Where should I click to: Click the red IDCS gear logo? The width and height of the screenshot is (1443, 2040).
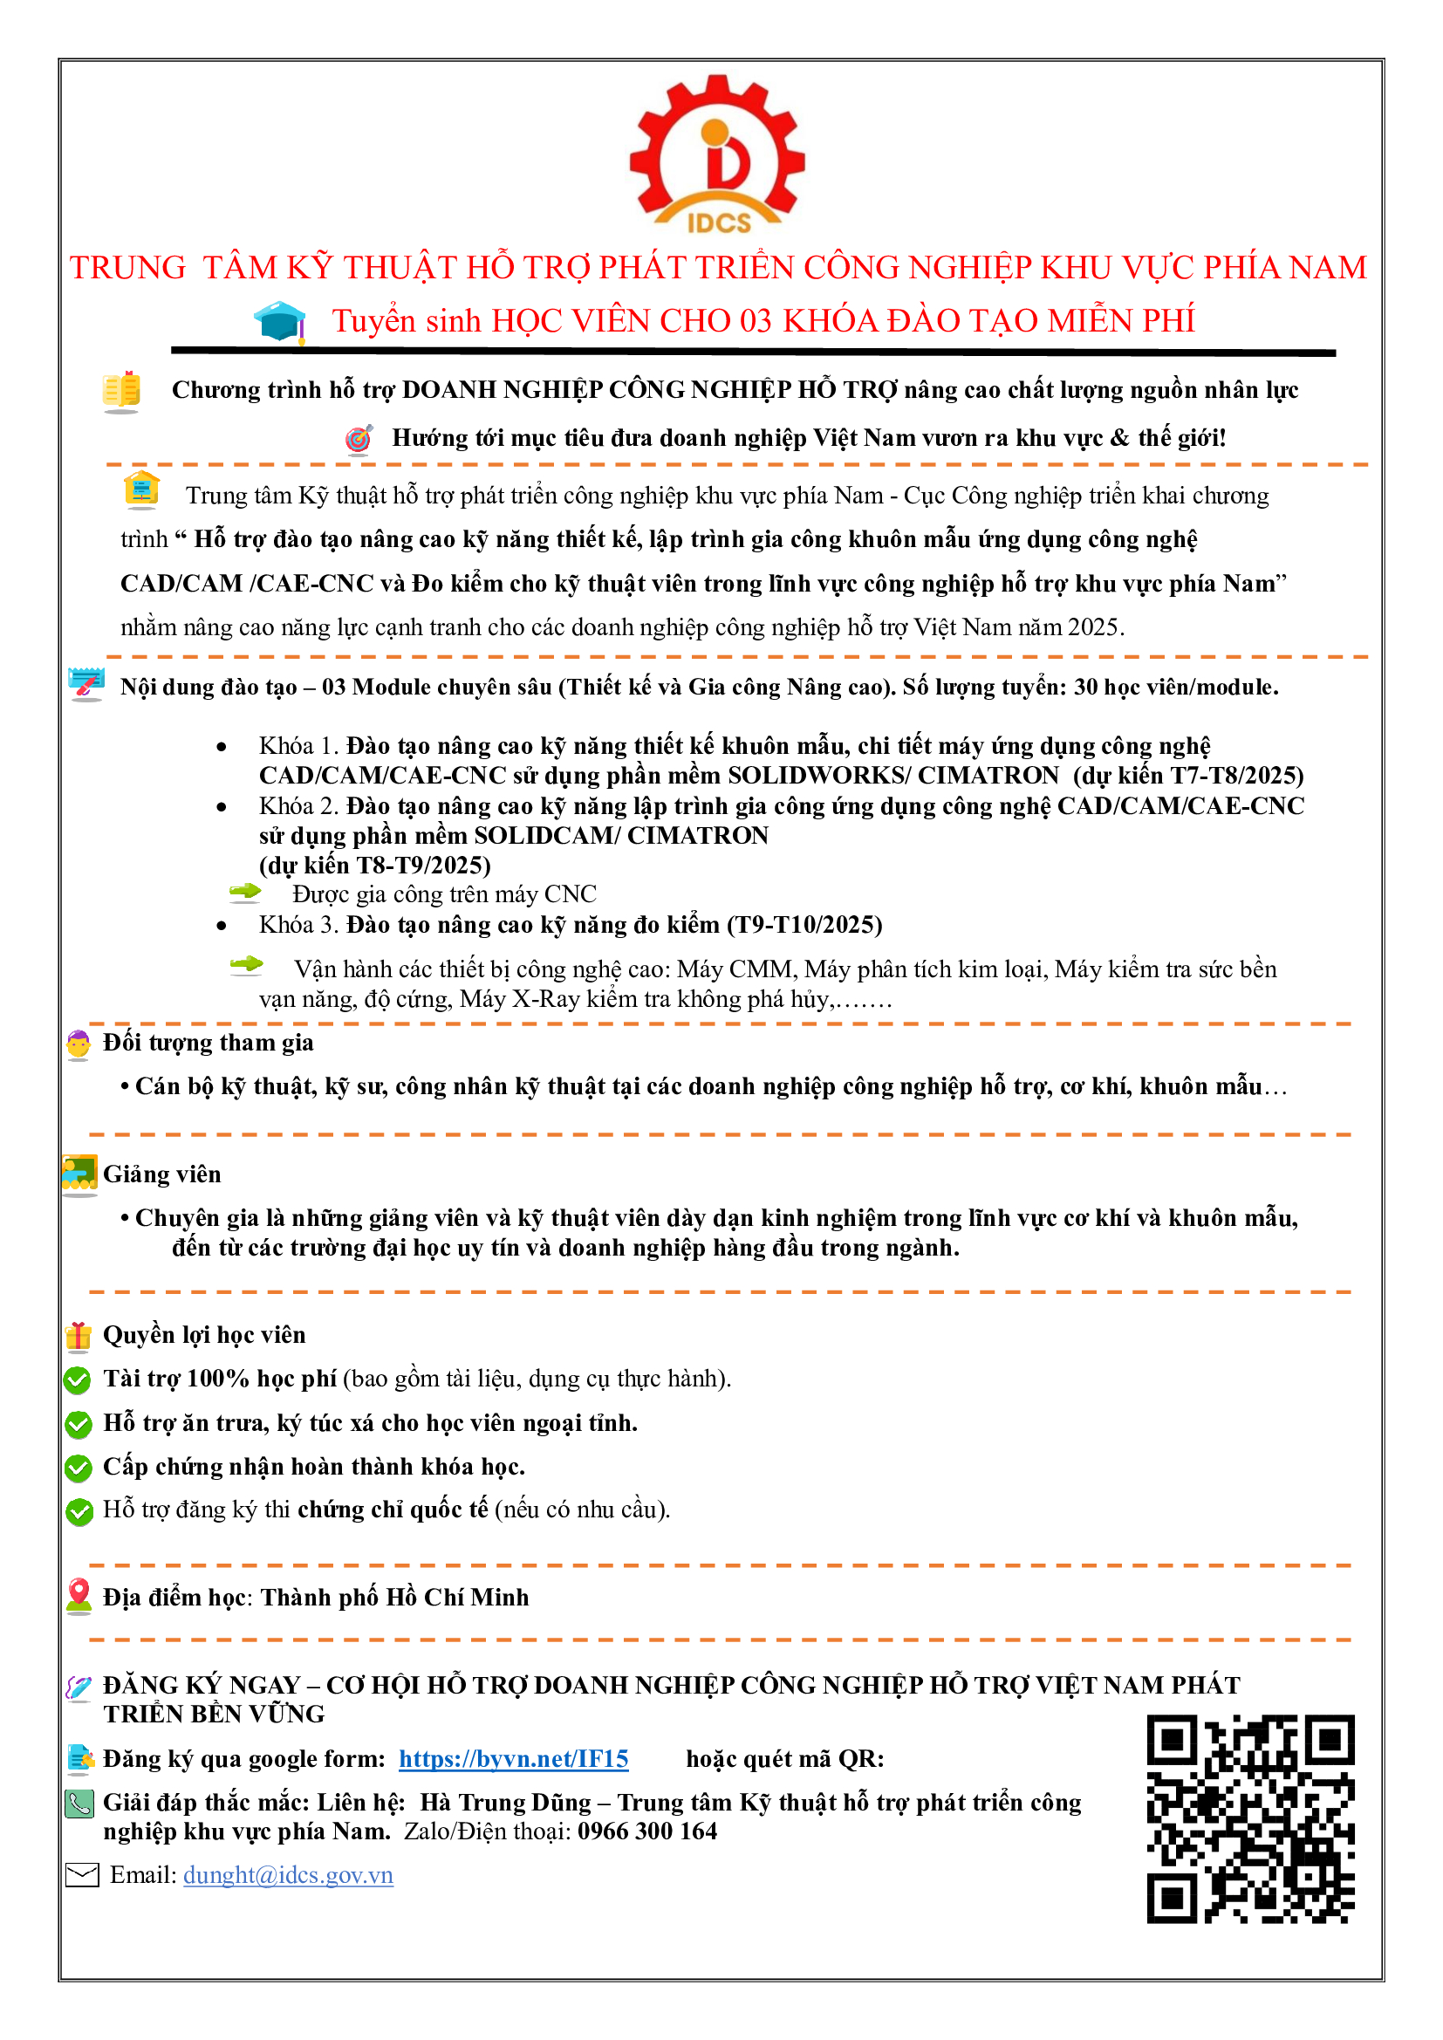[718, 154]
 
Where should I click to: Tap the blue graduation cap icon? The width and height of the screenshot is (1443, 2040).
[280, 321]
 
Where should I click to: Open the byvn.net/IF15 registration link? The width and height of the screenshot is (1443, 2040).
[513, 1759]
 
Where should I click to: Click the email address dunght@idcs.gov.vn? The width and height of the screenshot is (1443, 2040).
[288, 1875]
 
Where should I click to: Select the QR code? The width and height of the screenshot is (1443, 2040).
[1250, 1818]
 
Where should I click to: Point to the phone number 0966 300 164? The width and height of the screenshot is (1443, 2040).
[646, 1831]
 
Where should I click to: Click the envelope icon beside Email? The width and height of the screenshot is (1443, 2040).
[83, 1876]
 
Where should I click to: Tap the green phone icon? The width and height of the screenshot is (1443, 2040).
[80, 1804]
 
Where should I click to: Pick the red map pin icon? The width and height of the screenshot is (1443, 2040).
[79, 1596]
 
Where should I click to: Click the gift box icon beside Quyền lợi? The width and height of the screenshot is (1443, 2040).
[79, 1335]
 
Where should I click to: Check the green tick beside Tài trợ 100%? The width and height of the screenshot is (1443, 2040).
[79, 1379]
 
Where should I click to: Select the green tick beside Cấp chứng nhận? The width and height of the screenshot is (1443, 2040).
[79, 1468]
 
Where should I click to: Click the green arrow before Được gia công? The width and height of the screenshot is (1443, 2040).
[245, 892]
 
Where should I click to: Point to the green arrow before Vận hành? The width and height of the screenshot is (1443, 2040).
[246, 965]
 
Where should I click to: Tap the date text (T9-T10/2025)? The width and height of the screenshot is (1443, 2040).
[804, 925]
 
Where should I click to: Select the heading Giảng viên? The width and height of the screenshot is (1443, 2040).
[161, 1174]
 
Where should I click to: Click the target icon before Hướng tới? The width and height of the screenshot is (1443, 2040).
[359, 439]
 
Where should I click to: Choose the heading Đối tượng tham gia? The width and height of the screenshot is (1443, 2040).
[208, 1042]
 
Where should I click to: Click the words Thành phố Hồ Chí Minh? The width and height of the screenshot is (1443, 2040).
[394, 1598]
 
